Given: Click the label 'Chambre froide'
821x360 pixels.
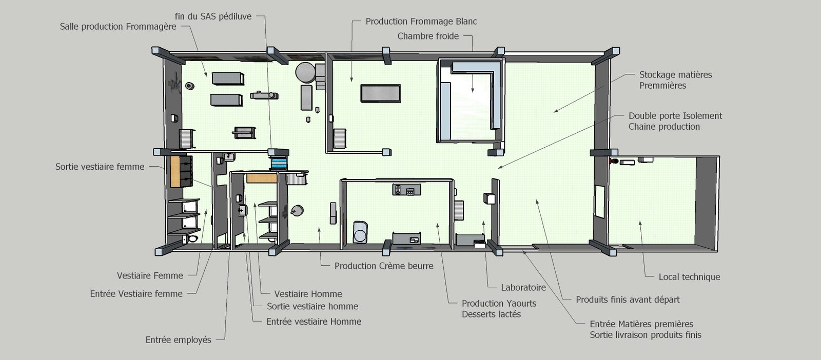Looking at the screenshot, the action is point(428,36).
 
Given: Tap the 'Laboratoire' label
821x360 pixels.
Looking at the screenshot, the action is point(523,288).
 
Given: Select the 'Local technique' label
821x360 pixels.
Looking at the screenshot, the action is point(690,277).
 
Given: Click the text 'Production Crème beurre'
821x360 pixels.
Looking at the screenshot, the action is point(384,266).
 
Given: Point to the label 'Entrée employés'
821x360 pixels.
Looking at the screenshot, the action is point(179,340).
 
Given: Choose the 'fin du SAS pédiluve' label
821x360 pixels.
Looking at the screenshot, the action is point(213,16).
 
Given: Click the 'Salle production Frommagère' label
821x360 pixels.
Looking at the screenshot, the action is point(118,27).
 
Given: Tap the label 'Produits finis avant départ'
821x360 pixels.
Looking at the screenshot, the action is point(628,300).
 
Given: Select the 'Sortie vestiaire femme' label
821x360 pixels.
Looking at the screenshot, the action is point(100,167).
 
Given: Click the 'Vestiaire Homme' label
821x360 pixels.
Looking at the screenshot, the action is point(308,294).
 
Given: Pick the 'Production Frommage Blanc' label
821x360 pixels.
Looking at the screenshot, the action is point(421,22).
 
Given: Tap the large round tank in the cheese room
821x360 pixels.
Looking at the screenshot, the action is point(305,72).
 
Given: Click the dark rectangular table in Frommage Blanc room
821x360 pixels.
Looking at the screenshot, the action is point(380,93).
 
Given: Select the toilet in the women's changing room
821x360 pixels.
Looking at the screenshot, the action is point(191,239).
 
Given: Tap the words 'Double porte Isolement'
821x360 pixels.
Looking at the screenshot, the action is point(675,116).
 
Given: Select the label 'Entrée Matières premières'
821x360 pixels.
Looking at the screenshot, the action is point(641,325).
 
